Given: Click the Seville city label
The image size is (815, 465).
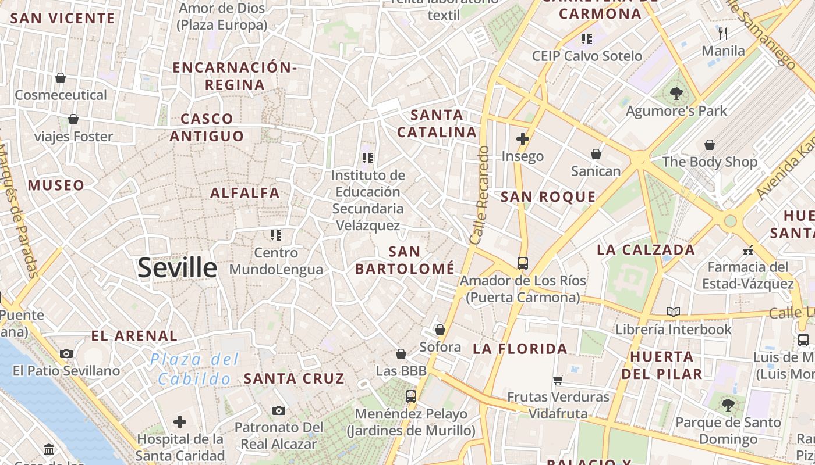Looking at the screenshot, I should click(x=178, y=268).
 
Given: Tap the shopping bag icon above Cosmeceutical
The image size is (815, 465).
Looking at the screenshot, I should click(x=61, y=78).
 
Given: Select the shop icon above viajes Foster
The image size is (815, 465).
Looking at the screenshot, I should click(x=73, y=119).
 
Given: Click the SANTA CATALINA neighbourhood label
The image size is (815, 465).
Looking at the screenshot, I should click(x=437, y=123).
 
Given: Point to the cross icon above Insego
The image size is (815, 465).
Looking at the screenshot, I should click(x=523, y=139).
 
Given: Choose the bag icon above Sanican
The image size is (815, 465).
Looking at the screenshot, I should click(x=596, y=154).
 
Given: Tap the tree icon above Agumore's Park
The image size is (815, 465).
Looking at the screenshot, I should click(x=676, y=93).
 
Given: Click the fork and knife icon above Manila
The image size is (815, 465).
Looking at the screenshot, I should click(x=723, y=33).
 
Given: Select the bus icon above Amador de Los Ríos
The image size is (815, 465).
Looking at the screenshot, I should click(x=523, y=263).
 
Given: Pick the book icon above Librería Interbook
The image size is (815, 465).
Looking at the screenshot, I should click(x=674, y=312).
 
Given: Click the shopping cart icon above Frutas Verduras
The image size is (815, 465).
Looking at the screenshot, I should click(x=558, y=380).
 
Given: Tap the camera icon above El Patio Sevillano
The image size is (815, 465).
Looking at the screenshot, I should click(x=66, y=353).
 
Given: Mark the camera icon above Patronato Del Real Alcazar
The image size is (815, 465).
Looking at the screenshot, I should click(x=279, y=410).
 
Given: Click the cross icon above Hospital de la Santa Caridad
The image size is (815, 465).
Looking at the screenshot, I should click(x=180, y=421).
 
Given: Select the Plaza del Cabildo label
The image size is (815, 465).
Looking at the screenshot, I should click(x=194, y=369).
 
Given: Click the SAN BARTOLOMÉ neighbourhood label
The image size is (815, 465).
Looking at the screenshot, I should click(x=405, y=260).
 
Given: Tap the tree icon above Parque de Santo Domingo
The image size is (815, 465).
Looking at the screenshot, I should click(x=728, y=405).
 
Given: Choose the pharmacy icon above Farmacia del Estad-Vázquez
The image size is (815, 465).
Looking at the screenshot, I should click(x=748, y=251).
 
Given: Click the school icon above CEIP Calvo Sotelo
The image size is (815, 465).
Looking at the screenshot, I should click(x=587, y=39).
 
